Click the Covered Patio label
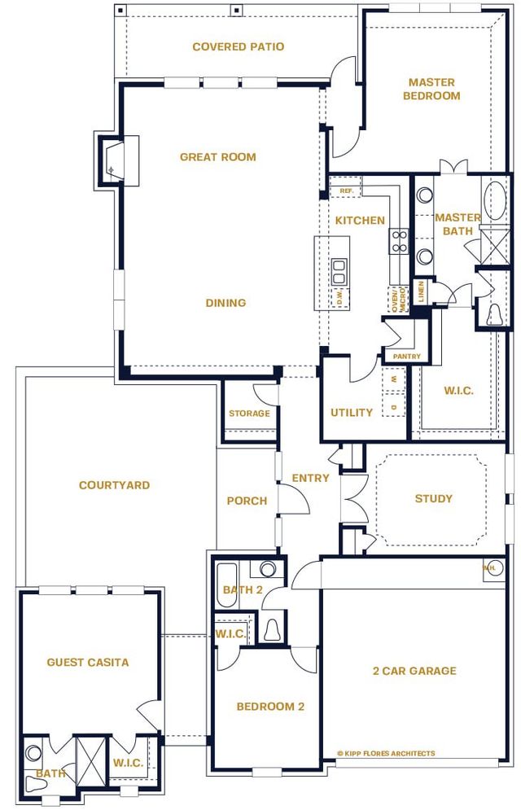[238, 47]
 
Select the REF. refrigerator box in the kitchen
[345, 191]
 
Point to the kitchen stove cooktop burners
[399, 239]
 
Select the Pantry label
[406, 357]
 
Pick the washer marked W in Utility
[394, 379]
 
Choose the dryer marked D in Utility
[394, 405]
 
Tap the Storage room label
[249, 414]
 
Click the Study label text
[433, 498]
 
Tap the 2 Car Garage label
[414, 671]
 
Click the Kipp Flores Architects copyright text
[386, 753]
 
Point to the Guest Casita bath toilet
[36, 784]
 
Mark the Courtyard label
[114, 485]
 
